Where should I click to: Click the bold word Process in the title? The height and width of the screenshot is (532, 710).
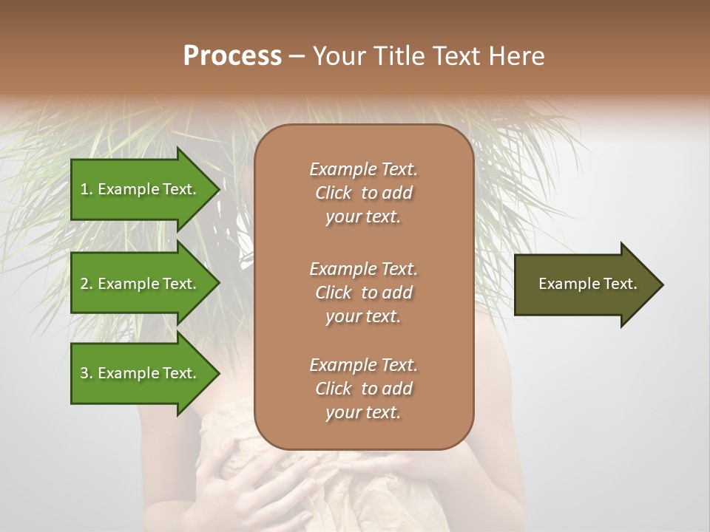(x=232, y=55)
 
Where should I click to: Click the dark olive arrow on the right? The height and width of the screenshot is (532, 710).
(x=584, y=284)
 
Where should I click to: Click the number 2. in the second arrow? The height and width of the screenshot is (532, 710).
(x=87, y=284)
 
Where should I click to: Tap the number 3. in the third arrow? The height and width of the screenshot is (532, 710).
(x=87, y=373)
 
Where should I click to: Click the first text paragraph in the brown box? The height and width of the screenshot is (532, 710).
(x=363, y=193)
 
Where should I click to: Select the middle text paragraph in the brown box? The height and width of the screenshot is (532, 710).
(x=363, y=293)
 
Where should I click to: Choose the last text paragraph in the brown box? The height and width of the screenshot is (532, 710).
(x=363, y=389)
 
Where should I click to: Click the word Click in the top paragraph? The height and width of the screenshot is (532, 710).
(x=334, y=193)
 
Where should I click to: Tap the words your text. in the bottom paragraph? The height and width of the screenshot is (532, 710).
(x=363, y=412)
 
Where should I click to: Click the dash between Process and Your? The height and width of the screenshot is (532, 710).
(x=297, y=56)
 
